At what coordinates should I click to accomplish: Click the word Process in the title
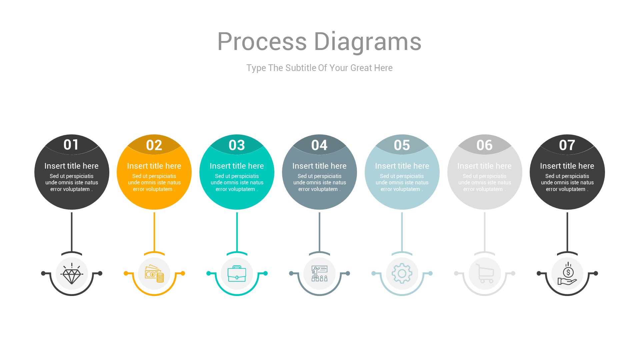pos(262,42)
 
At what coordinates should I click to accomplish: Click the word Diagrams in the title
pos(368,42)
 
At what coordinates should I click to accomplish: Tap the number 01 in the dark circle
pos(71,145)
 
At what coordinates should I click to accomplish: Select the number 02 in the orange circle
pos(154,145)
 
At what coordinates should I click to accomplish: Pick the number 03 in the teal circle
pos(237,145)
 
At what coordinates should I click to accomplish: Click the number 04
pos(319,145)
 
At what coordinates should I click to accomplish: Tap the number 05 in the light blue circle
pos(402,145)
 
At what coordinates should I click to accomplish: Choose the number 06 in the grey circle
pos(484,145)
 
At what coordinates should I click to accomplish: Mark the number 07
pos(567,145)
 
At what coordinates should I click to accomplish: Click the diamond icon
pos(72,274)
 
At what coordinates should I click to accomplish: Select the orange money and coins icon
pos(154,274)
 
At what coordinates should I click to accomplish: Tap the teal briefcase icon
pos(237,274)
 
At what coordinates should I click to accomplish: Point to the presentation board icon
pos(319,274)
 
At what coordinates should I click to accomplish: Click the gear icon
pos(402,274)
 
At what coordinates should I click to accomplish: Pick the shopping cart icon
pos(485,274)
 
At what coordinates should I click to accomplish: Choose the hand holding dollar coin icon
pos(567,274)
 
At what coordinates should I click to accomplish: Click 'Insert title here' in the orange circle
pos(154,166)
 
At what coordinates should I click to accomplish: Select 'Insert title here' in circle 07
pos(567,166)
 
